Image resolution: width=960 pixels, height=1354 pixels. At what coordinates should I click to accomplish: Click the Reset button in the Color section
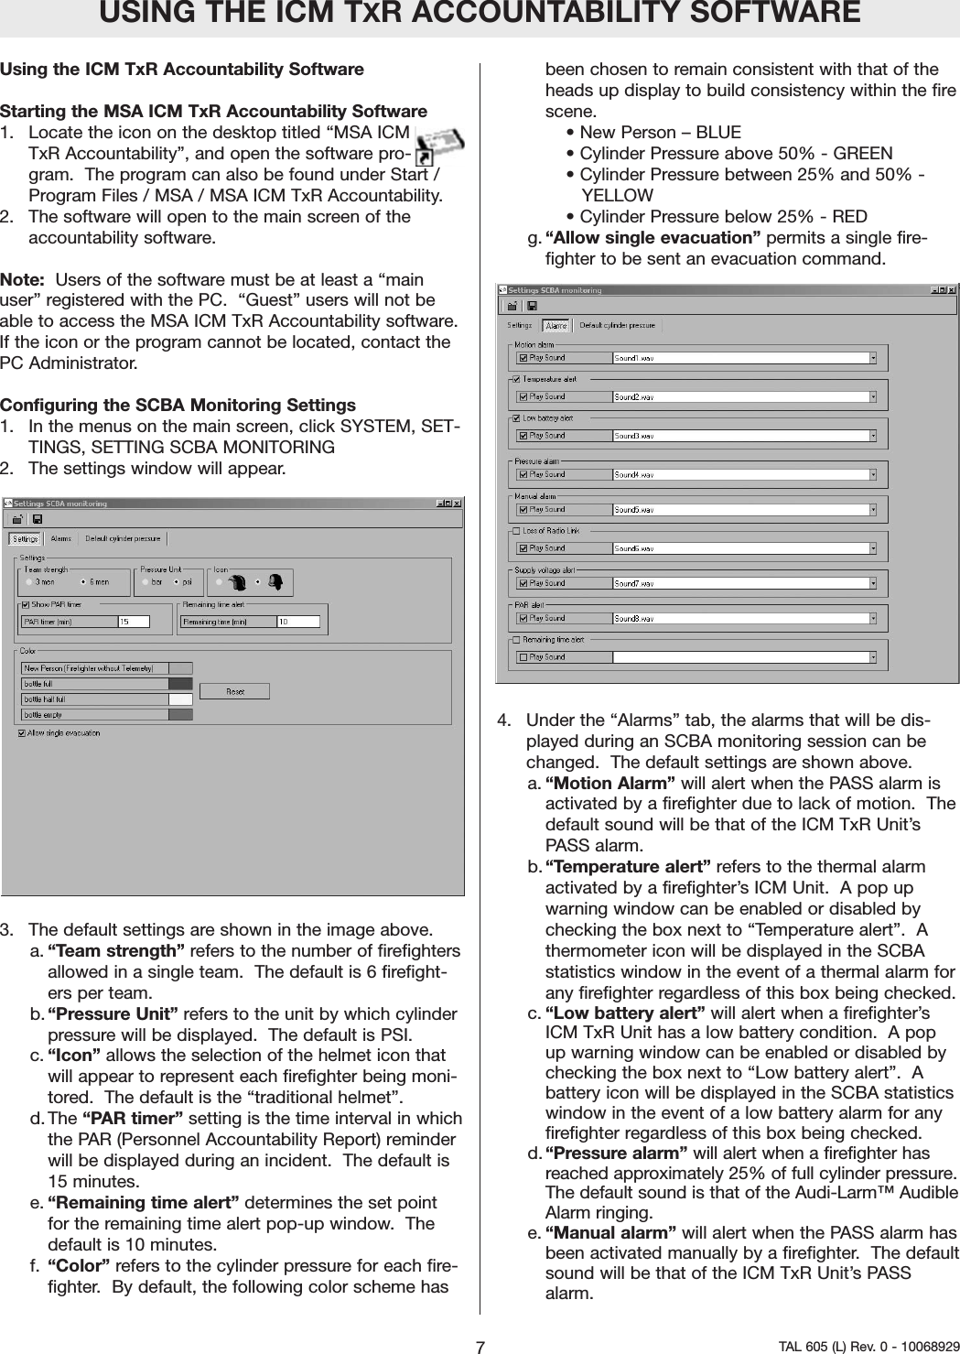(234, 691)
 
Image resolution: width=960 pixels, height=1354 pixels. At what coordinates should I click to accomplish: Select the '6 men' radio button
(84, 581)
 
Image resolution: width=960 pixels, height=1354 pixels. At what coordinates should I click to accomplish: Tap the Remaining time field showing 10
(297, 622)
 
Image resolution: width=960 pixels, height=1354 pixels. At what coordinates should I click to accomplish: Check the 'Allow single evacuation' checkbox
(21, 732)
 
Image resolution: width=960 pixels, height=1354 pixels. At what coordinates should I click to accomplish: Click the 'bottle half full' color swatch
(180, 699)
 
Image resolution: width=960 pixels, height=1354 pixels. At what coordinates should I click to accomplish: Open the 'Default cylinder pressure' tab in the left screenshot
(123, 538)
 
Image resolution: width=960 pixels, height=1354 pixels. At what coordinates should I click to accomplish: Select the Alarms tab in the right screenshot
(556, 325)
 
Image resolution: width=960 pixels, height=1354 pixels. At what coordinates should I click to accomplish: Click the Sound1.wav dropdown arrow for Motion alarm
(872, 358)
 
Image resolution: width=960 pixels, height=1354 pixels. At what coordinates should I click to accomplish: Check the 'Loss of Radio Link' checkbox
(516, 530)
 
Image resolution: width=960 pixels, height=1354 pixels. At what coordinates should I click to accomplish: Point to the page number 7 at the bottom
(480, 1347)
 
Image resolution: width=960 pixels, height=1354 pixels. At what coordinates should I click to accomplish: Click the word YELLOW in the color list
(617, 195)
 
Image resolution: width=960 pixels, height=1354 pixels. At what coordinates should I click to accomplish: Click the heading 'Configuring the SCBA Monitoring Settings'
(178, 405)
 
